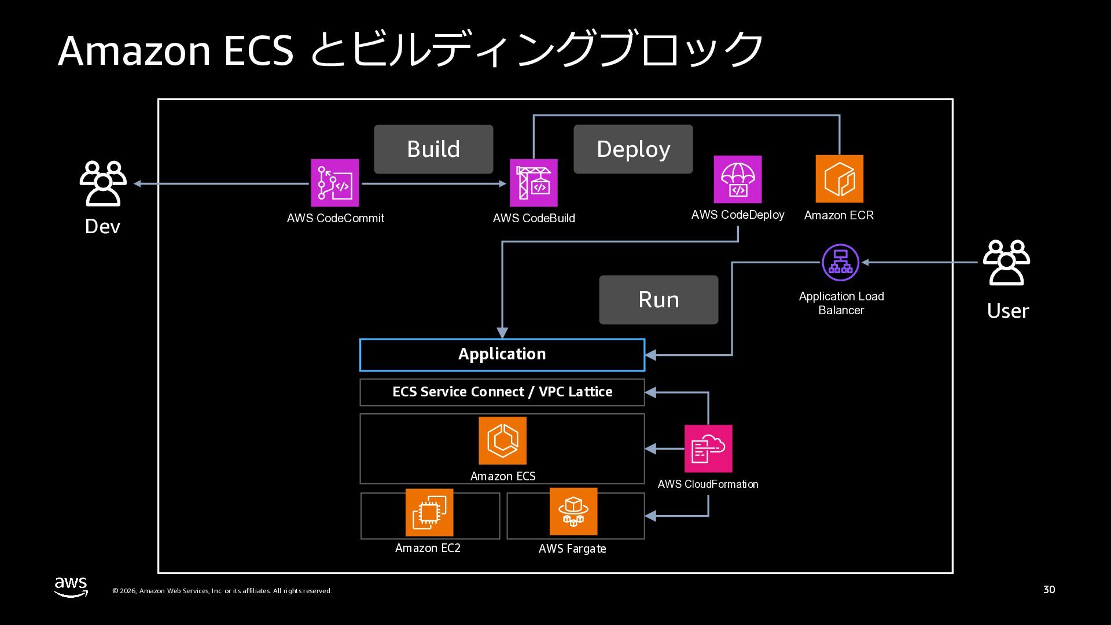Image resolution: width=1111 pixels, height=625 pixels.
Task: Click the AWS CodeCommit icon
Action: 334,183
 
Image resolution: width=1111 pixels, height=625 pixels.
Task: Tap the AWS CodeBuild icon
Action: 534,183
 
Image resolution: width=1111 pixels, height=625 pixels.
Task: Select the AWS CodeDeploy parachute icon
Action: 737,179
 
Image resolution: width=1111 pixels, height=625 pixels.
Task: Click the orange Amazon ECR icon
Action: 839,179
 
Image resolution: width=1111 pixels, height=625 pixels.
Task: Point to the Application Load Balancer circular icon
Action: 840,262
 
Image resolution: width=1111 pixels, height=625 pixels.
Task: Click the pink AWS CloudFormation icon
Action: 708,448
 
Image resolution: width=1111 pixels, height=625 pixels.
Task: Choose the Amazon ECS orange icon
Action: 502,441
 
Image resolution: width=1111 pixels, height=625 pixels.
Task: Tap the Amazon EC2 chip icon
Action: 429,513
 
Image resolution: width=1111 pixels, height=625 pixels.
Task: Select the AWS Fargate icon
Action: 573,512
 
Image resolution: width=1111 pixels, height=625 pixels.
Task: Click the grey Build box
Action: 433,149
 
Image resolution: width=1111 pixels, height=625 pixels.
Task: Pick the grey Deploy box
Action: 633,149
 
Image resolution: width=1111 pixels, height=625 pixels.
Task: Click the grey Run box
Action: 658,300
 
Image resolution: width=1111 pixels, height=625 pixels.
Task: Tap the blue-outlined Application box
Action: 502,355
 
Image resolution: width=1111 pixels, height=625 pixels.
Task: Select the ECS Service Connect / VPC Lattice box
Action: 502,392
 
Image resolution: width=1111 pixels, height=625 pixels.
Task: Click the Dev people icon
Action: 103,183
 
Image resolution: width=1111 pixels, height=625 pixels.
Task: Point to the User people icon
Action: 1007,263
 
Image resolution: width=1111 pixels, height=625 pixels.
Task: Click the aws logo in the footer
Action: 71,587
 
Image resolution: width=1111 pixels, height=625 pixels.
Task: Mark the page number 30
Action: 1049,590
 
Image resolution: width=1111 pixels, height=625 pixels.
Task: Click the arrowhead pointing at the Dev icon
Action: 138,184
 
